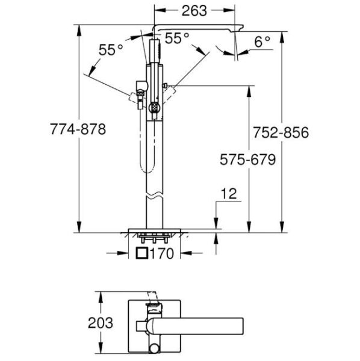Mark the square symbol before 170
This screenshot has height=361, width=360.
(142, 254)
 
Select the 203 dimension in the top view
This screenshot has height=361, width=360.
(100, 322)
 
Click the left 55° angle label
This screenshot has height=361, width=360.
(111, 51)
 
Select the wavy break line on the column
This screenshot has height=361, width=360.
(155, 196)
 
